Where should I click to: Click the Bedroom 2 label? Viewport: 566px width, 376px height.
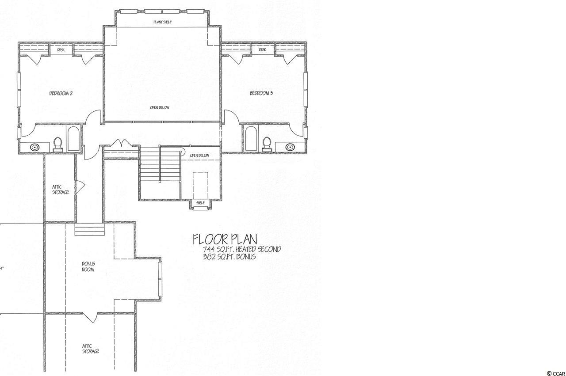click(x=61, y=93)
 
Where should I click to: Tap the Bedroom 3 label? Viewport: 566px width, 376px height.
click(x=261, y=93)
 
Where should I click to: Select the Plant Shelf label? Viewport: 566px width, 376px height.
click(x=162, y=22)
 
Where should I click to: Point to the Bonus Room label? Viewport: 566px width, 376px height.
click(x=88, y=267)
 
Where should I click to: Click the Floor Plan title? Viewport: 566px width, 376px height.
click(x=225, y=239)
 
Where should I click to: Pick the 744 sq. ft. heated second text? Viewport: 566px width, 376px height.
click(x=242, y=250)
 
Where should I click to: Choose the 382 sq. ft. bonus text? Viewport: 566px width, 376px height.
click(x=229, y=257)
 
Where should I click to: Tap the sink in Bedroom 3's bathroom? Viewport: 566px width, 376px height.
click(x=290, y=146)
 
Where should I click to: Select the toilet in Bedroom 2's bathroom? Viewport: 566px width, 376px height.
click(x=58, y=144)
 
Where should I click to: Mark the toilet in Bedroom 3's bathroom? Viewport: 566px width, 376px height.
click(x=267, y=144)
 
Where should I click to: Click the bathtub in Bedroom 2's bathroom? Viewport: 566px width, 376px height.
click(x=73, y=139)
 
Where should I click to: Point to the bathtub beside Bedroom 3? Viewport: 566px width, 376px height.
click(x=251, y=139)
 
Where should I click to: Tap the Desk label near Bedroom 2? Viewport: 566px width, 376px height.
click(x=61, y=50)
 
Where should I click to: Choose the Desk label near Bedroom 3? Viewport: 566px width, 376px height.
click(x=263, y=50)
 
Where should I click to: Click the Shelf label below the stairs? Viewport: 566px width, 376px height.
click(x=200, y=203)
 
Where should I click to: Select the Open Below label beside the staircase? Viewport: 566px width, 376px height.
click(x=199, y=155)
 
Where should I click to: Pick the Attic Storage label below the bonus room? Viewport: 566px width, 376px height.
click(x=90, y=349)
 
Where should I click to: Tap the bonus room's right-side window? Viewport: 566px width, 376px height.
click(x=160, y=280)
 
